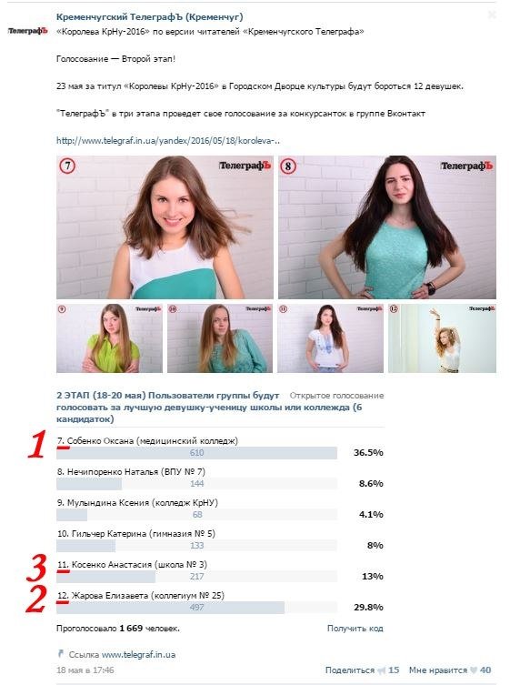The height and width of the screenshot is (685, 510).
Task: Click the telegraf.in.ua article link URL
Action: [168, 141]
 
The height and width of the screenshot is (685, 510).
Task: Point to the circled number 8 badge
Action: [288, 166]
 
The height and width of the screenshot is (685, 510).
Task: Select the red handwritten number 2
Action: [37, 599]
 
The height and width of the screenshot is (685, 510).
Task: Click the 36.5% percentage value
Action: [367, 452]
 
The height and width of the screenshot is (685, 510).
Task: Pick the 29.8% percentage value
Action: [367, 607]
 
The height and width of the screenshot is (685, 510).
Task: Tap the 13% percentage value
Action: [373, 576]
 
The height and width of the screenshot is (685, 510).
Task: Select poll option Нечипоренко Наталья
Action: [131, 471]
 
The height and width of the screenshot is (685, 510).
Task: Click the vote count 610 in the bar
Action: [196, 452]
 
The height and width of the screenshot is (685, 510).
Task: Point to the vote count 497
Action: [196, 607]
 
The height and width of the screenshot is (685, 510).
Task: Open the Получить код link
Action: [355, 628]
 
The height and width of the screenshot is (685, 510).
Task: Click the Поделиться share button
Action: [349, 670]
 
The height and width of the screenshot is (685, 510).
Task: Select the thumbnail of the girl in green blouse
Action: [109, 337]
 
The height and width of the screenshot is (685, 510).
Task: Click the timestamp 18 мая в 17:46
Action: [85, 670]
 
